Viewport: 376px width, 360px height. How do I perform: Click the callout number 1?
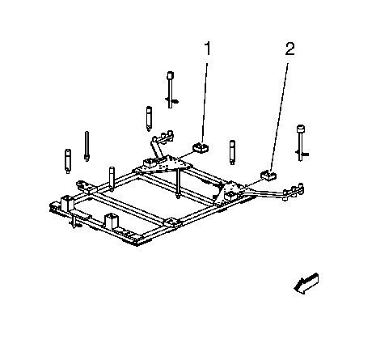(x=207, y=49)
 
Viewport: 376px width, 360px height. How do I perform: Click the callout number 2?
(x=290, y=49)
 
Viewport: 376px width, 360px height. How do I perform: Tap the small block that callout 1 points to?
(x=201, y=148)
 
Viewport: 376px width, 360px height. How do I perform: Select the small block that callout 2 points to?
(x=268, y=176)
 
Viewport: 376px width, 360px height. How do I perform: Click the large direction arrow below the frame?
(x=306, y=284)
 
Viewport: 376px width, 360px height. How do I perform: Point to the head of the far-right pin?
(x=301, y=129)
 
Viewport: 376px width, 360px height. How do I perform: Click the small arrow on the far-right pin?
(x=305, y=155)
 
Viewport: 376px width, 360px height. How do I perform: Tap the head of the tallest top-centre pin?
(x=170, y=75)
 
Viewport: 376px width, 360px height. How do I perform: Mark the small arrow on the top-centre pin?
(x=175, y=101)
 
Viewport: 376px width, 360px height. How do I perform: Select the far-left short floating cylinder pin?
(x=68, y=161)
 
